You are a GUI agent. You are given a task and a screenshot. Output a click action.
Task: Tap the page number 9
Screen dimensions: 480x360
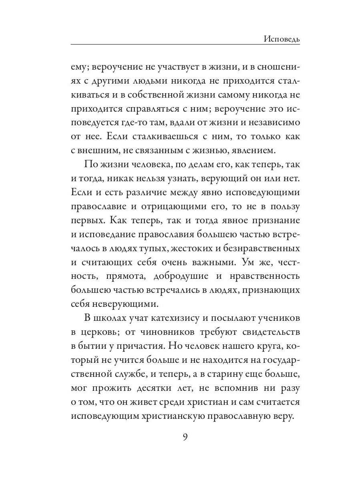pyautogui.click(x=185, y=436)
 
